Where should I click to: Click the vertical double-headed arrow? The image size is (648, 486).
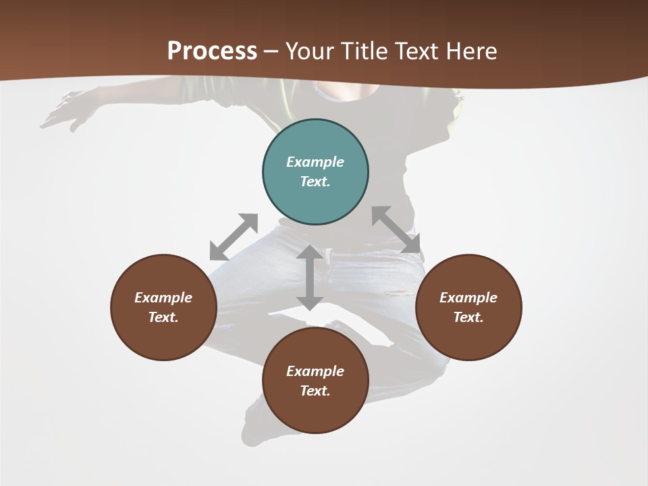[x=310, y=277]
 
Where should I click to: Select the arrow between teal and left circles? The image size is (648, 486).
[x=234, y=237]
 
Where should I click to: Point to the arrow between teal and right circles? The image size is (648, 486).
[x=396, y=230]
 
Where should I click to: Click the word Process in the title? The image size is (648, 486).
[x=212, y=51]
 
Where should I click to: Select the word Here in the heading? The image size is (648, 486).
[x=473, y=51]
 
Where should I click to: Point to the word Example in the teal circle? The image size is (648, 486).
[x=315, y=162]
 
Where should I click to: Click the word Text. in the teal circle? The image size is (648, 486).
[x=315, y=182]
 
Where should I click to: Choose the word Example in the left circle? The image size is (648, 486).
[x=163, y=298]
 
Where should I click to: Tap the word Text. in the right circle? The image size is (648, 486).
[x=468, y=317]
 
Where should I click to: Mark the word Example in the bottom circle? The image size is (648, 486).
[x=315, y=371]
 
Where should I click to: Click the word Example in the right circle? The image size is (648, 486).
[x=468, y=298]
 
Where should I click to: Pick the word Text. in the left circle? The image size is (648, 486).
[x=163, y=317]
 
